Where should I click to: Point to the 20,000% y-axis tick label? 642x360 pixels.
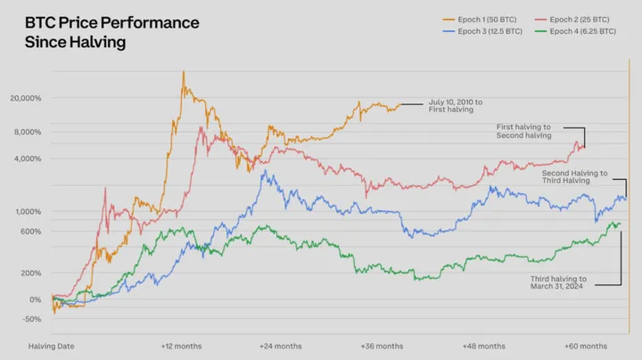25,98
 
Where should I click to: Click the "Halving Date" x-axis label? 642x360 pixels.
48,346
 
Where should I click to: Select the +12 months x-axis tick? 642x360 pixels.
181,346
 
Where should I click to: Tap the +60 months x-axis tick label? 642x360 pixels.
585,346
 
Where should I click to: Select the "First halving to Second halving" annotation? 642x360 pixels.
524,132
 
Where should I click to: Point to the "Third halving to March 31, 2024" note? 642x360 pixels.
558,283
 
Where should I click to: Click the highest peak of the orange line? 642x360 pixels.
183,72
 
